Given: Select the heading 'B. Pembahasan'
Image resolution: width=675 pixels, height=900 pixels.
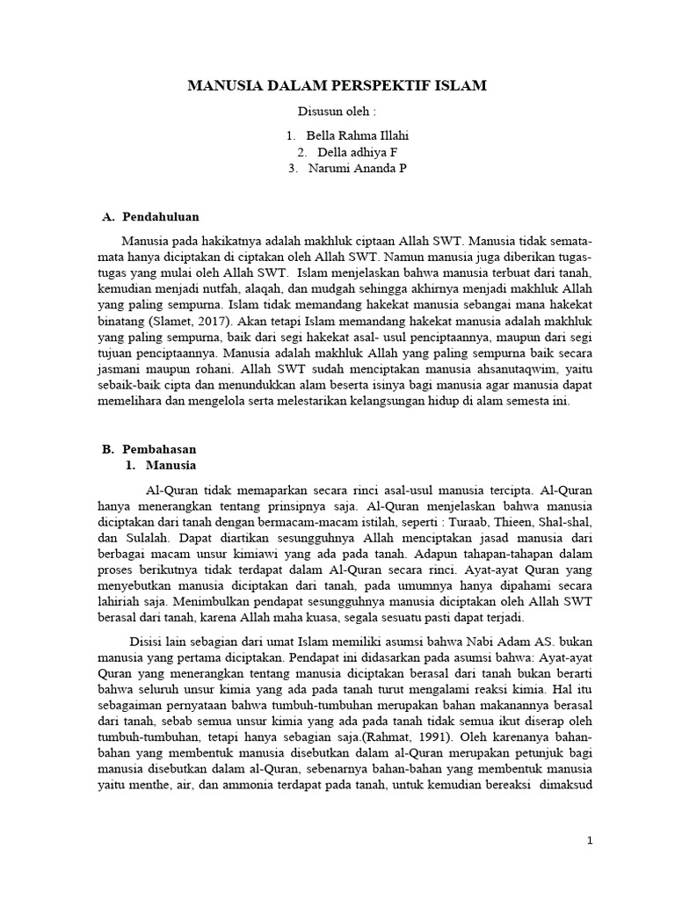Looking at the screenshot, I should [149, 448].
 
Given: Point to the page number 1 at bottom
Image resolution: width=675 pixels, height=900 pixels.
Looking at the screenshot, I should [591, 841].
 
